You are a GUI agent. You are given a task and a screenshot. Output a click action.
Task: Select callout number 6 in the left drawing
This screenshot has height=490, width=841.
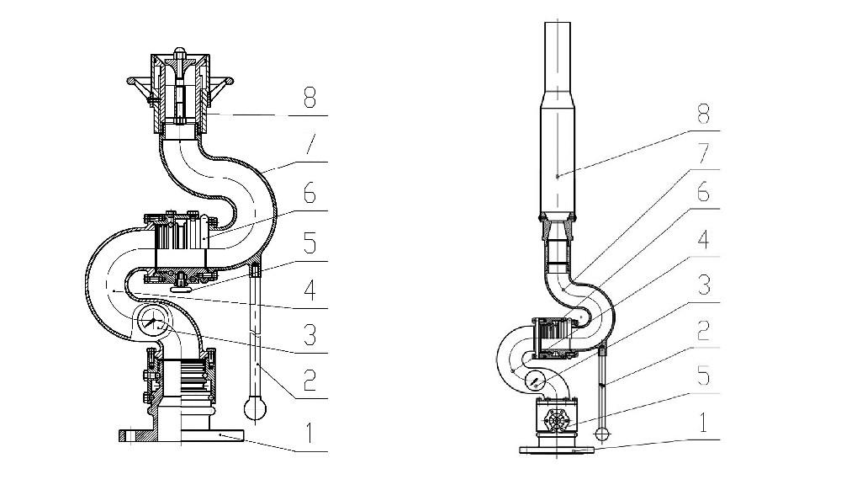[x=309, y=194]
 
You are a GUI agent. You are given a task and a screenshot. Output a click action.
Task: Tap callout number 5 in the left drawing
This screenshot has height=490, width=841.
[x=309, y=243]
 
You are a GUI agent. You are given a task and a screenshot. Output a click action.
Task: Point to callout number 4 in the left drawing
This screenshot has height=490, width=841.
[x=309, y=291]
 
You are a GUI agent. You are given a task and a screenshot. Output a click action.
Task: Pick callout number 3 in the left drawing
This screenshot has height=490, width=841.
[x=309, y=336]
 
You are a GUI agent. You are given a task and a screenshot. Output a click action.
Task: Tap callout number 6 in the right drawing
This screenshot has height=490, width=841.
[x=702, y=194]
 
